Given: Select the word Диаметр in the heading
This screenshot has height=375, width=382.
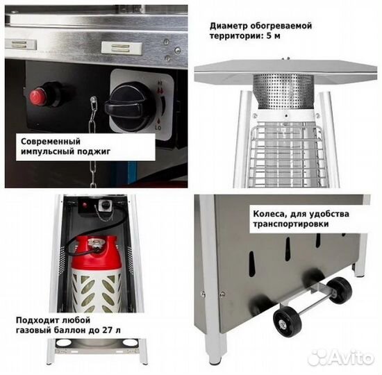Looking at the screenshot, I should tap(230, 26).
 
